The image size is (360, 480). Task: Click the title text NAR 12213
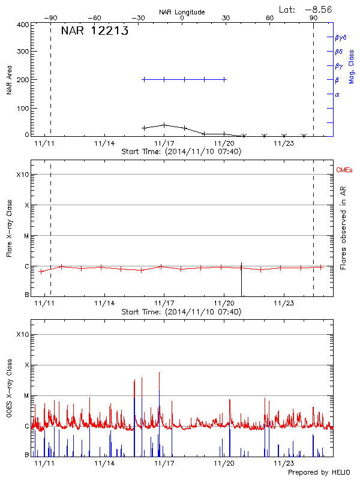click(x=94, y=32)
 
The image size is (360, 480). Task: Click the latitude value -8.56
click(x=317, y=9)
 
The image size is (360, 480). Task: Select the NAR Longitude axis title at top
click(x=182, y=11)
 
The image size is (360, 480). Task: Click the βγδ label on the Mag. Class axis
click(x=341, y=37)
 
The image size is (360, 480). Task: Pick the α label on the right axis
click(x=337, y=94)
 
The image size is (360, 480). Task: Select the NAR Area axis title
click(x=9, y=80)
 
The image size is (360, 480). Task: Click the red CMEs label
click(x=346, y=171)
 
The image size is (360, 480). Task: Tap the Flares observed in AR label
click(x=344, y=228)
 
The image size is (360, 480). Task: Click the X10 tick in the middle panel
click(x=23, y=175)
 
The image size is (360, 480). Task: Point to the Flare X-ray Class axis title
click(x=9, y=228)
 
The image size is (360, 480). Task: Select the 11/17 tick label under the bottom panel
click(x=164, y=463)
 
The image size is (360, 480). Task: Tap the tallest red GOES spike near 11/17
click(x=160, y=373)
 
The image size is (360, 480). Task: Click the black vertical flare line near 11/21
click(x=241, y=279)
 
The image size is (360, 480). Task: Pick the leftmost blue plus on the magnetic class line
click(x=144, y=79)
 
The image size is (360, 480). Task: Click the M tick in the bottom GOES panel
click(x=26, y=396)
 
